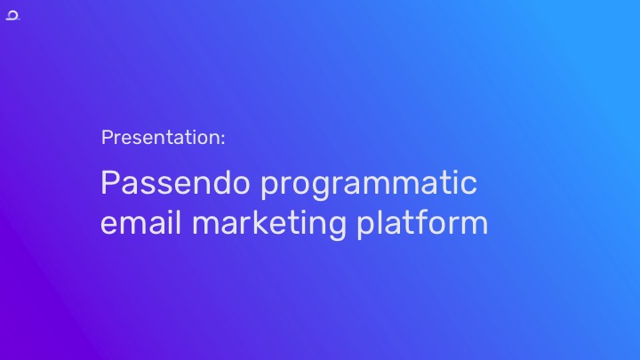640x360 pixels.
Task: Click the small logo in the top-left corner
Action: pyautogui.click(x=12, y=15)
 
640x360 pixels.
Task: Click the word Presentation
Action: pyautogui.click(x=161, y=137)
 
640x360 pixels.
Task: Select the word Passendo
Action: pyautogui.click(x=175, y=182)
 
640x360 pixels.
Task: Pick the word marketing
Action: pyautogui.click(x=269, y=225)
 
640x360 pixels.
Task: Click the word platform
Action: pyautogui.click(x=422, y=223)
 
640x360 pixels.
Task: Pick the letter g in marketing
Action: pyautogui.click(x=336, y=228)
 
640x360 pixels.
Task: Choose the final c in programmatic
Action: pyautogui.click(x=468, y=186)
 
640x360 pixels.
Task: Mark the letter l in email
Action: pyautogui.click(x=178, y=222)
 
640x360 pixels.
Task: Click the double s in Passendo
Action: pyautogui.click(x=153, y=186)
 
